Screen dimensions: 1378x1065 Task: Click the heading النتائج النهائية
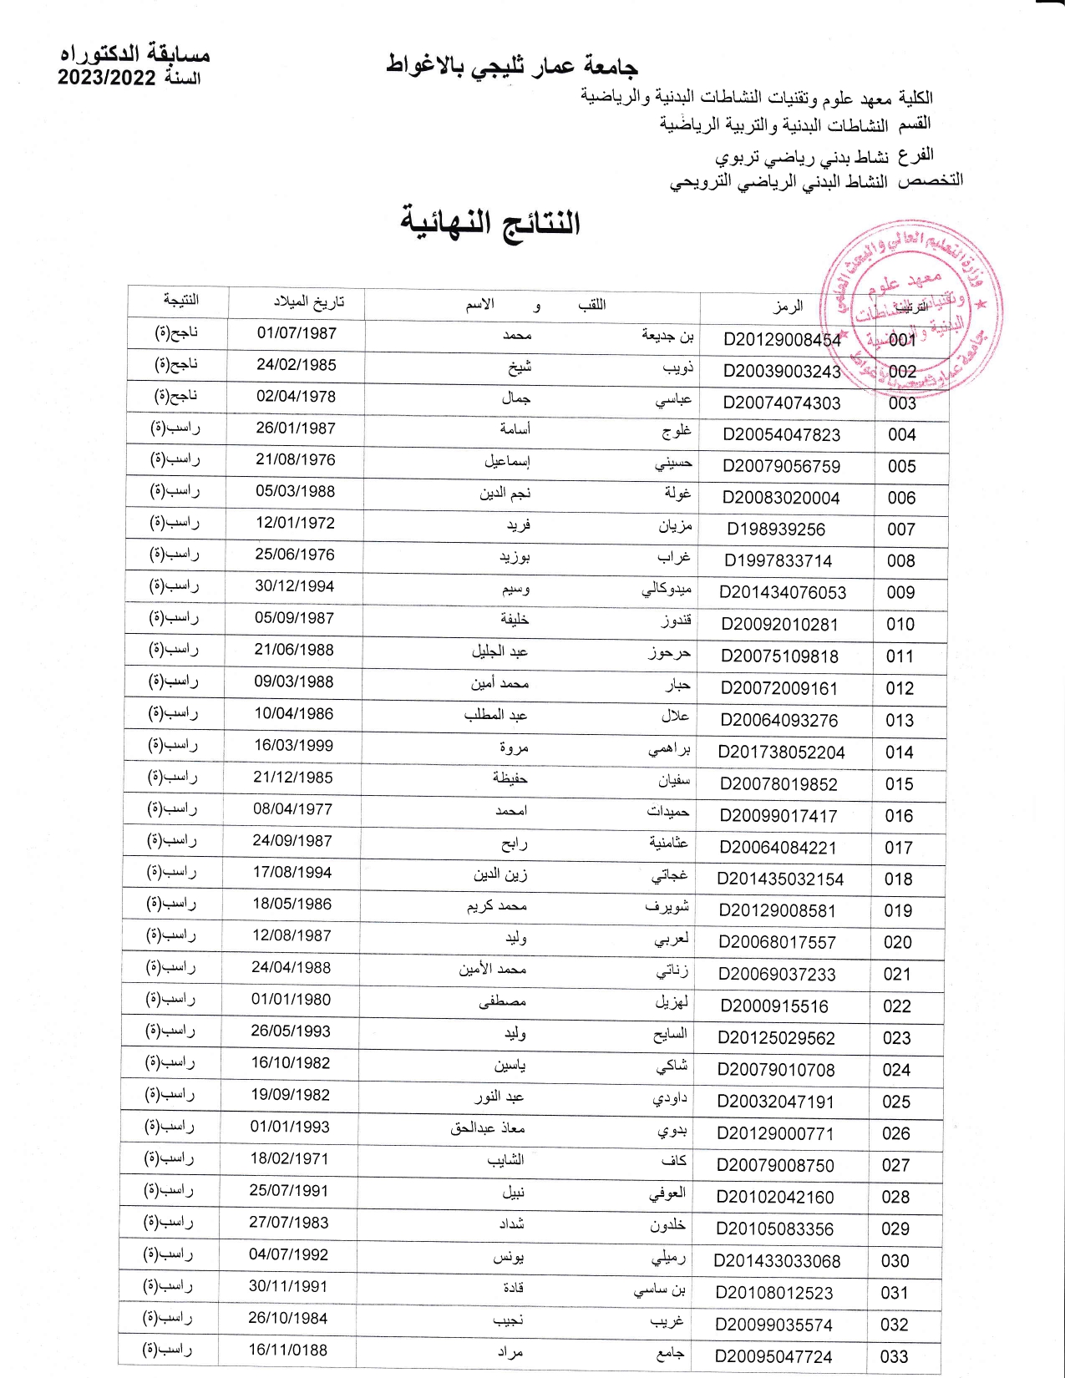pos(489,223)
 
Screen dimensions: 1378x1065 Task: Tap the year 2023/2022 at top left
pos(106,79)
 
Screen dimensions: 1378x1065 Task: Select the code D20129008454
pos(783,339)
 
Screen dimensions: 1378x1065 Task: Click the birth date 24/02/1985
pos(297,365)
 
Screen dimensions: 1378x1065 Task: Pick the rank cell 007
pos(901,529)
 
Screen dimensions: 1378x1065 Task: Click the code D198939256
pos(776,529)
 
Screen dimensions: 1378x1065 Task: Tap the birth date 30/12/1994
pos(294,586)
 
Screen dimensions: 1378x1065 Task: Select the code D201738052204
pos(782,752)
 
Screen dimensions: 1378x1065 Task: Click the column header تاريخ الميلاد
pos(308,301)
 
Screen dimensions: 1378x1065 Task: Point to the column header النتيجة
pos(180,299)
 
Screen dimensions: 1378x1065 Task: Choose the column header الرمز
pos(787,307)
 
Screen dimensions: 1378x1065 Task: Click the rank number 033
pos(894,1357)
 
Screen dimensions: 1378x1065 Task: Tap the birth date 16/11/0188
pos(288,1350)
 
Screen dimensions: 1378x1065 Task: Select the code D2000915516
pos(774,1006)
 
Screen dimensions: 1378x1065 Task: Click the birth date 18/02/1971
pos(289,1158)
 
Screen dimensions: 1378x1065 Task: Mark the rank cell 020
pos(898,943)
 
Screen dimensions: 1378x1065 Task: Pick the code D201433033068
pos(777,1261)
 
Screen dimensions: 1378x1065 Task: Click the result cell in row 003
pos(176,396)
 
